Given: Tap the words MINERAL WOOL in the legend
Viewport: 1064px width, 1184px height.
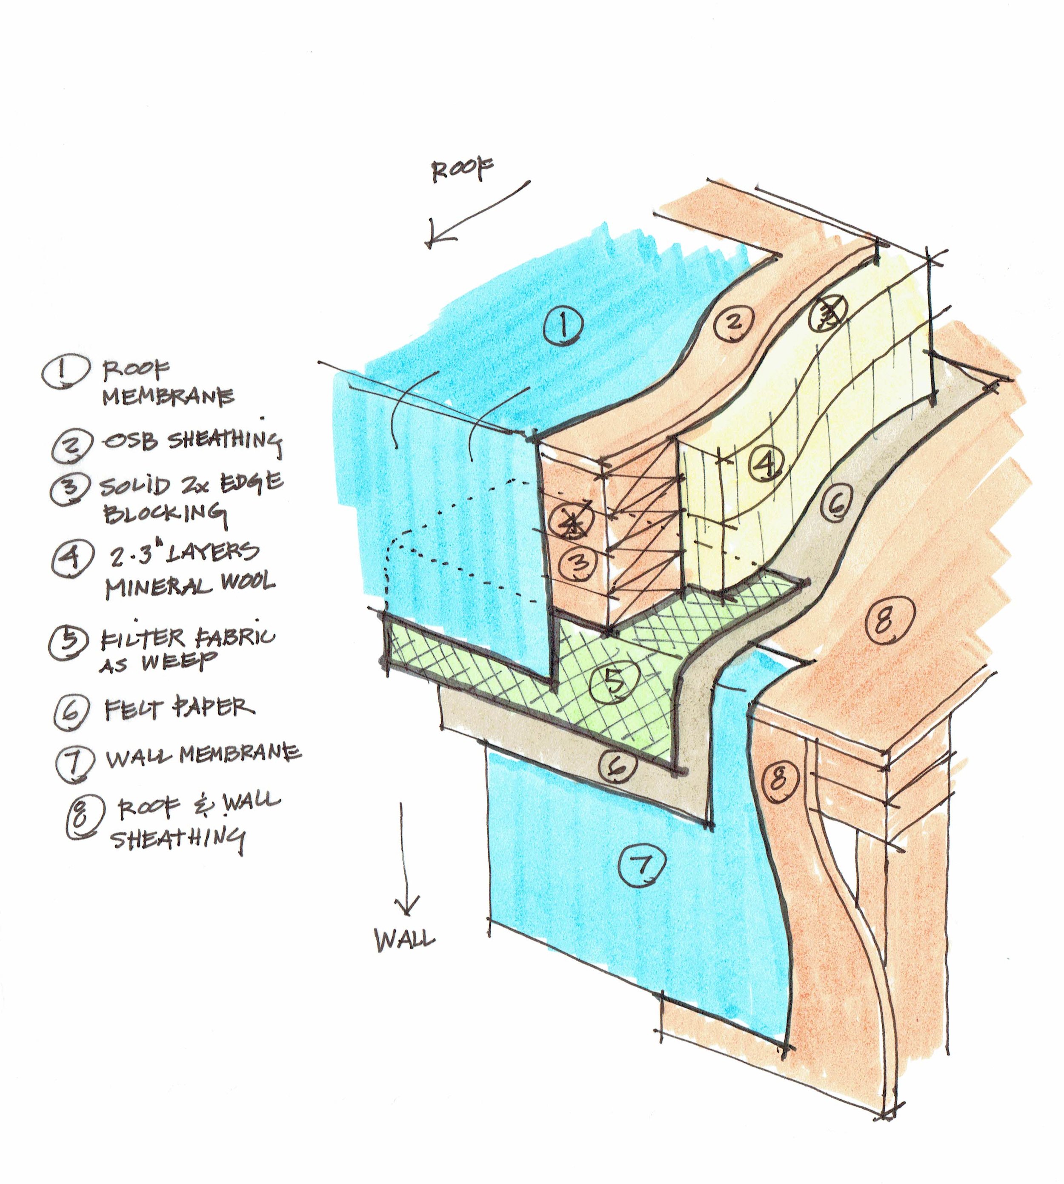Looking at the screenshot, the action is click(189, 584).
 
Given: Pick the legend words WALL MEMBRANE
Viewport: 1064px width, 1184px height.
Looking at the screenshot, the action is click(203, 756).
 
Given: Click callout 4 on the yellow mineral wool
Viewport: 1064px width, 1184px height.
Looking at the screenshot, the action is click(766, 462).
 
